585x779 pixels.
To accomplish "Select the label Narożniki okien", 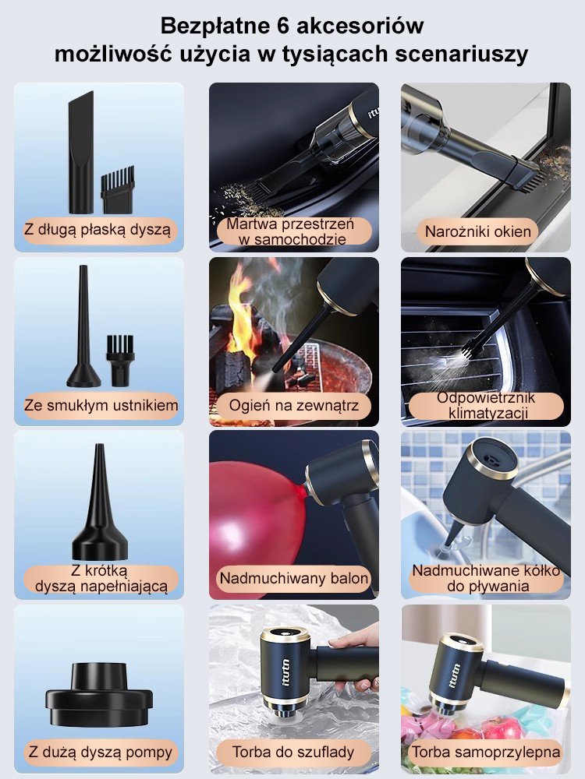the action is pyautogui.click(x=477, y=231).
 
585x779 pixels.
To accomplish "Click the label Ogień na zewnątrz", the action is pyautogui.click(x=293, y=405).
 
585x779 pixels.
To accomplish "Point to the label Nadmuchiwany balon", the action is pyautogui.click(x=293, y=578).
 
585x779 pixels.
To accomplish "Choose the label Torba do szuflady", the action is pyautogui.click(x=293, y=752).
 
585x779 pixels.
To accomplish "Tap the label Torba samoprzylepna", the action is pyautogui.click(x=485, y=752).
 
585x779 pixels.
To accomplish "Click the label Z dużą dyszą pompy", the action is pyautogui.click(x=100, y=752).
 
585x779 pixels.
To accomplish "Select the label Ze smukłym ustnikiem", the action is pyautogui.click(x=101, y=405).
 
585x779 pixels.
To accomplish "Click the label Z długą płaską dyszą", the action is pyautogui.click(x=97, y=230).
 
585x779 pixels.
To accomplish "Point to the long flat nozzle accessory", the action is pyautogui.click(x=80, y=152).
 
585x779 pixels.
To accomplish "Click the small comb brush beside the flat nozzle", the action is pyautogui.click(x=118, y=190).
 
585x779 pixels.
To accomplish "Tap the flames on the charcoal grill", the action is pyautogui.click(x=239, y=313).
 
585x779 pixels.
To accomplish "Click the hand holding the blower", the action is pyautogui.click(x=356, y=656).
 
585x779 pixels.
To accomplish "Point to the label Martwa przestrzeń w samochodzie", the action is pyautogui.click(x=293, y=231).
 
